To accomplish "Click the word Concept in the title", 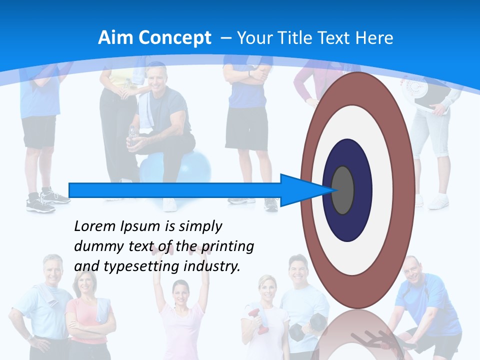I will pos(174,38).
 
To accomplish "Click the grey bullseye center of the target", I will pos(343,190).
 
